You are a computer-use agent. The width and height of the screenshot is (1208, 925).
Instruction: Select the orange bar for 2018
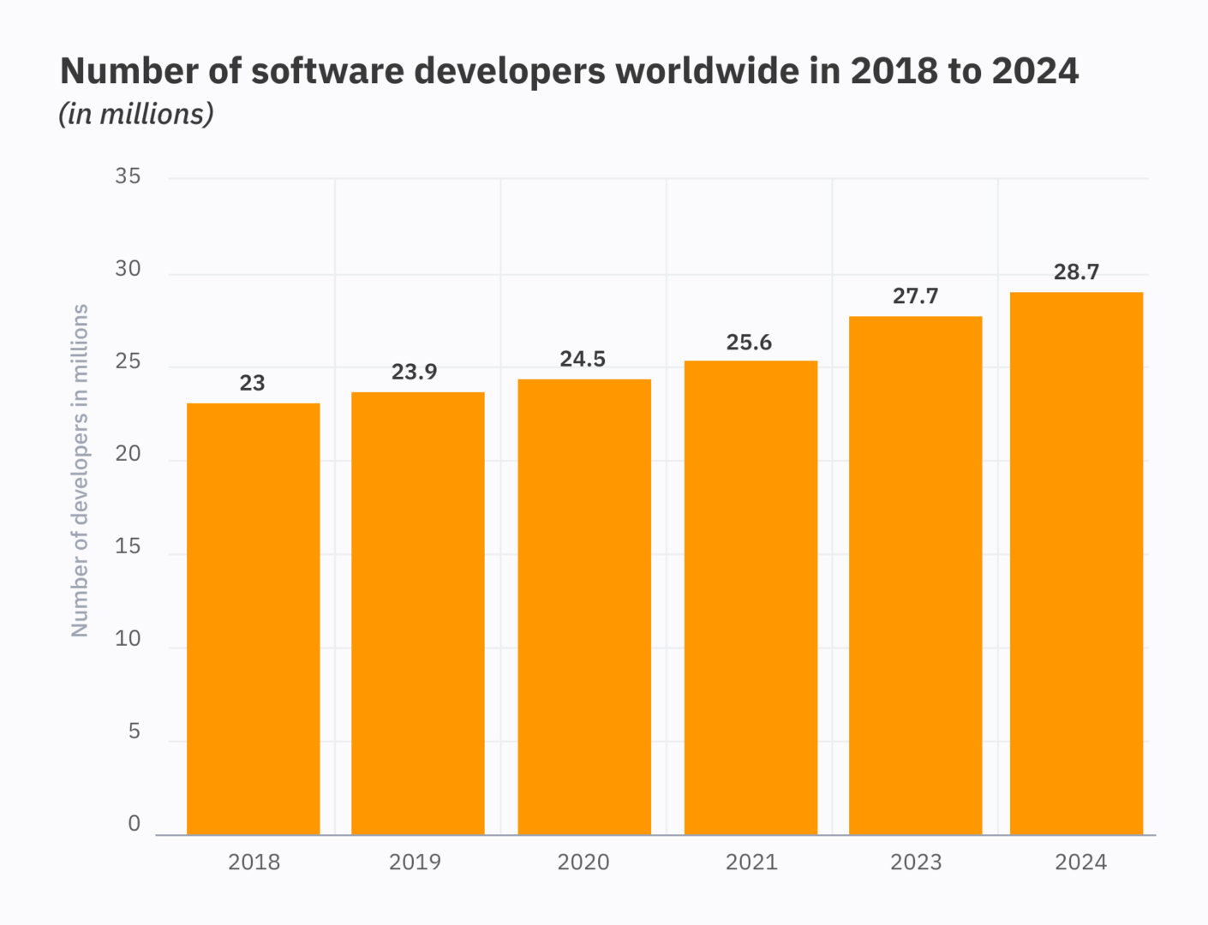click(x=253, y=618)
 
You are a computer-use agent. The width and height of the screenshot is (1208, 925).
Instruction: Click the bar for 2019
click(x=417, y=613)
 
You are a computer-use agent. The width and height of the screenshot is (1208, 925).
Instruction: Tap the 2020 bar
click(x=584, y=606)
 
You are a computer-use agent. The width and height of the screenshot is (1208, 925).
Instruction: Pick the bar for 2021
click(x=751, y=598)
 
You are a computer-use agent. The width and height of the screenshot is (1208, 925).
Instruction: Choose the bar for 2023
click(x=915, y=576)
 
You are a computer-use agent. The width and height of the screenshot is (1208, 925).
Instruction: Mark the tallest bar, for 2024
click(x=1076, y=564)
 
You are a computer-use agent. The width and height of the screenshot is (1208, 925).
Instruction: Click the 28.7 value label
click(x=1076, y=272)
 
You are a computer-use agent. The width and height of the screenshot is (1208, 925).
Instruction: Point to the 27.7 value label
click(x=915, y=296)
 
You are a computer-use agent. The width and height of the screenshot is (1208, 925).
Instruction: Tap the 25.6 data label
click(x=749, y=343)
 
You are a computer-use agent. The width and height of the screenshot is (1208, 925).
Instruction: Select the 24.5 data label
click(x=583, y=359)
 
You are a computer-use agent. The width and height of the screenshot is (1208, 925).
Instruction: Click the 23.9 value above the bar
click(x=415, y=372)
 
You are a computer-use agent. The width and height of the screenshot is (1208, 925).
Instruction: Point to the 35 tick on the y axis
click(x=128, y=176)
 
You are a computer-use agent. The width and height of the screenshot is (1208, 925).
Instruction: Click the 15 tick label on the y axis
click(x=128, y=546)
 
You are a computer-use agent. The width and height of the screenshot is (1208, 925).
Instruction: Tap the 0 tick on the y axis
click(x=134, y=823)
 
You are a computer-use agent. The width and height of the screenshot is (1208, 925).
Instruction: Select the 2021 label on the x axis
click(x=751, y=862)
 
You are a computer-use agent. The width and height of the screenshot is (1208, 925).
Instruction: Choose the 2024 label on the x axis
click(x=1080, y=862)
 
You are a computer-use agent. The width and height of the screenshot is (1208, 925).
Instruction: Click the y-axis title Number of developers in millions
click(x=80, y=470)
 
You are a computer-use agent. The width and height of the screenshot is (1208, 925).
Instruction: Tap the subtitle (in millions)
click(x=136, y=114)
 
